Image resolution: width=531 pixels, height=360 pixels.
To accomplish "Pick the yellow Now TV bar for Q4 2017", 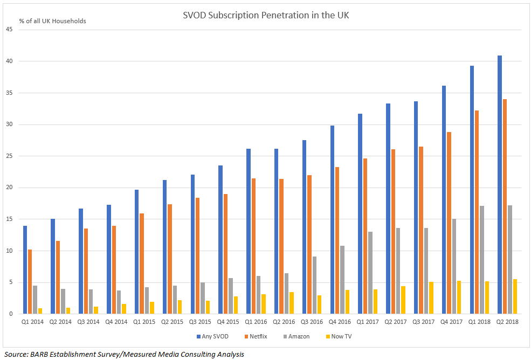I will pos(459,297).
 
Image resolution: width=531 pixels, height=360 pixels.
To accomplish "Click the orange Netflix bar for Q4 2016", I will pos(337,240).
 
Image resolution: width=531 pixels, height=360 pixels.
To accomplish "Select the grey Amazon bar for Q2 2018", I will pos(509,259).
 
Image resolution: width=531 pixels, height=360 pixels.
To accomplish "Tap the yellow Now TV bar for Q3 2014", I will pos(96,310).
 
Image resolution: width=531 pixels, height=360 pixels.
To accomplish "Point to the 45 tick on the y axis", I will pos(9,30).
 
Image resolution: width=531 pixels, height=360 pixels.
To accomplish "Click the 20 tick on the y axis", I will pos(9,188).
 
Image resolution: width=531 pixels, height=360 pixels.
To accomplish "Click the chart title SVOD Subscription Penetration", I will pos(266,15).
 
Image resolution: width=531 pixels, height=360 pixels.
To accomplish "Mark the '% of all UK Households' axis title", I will pos(52,21).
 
